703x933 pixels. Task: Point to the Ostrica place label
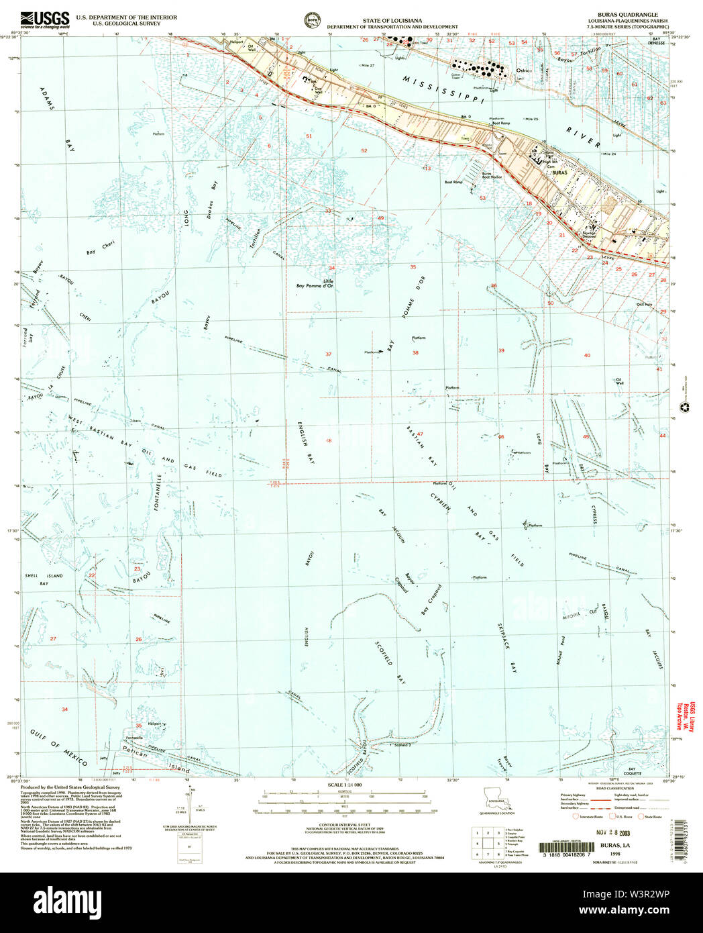click(523, 70)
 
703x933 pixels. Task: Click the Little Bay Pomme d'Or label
click(315, 284)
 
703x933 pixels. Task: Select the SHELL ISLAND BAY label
click(44, 579)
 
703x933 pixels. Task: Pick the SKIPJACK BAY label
click(506, 648)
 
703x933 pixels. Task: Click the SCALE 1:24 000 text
click(344, 785)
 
